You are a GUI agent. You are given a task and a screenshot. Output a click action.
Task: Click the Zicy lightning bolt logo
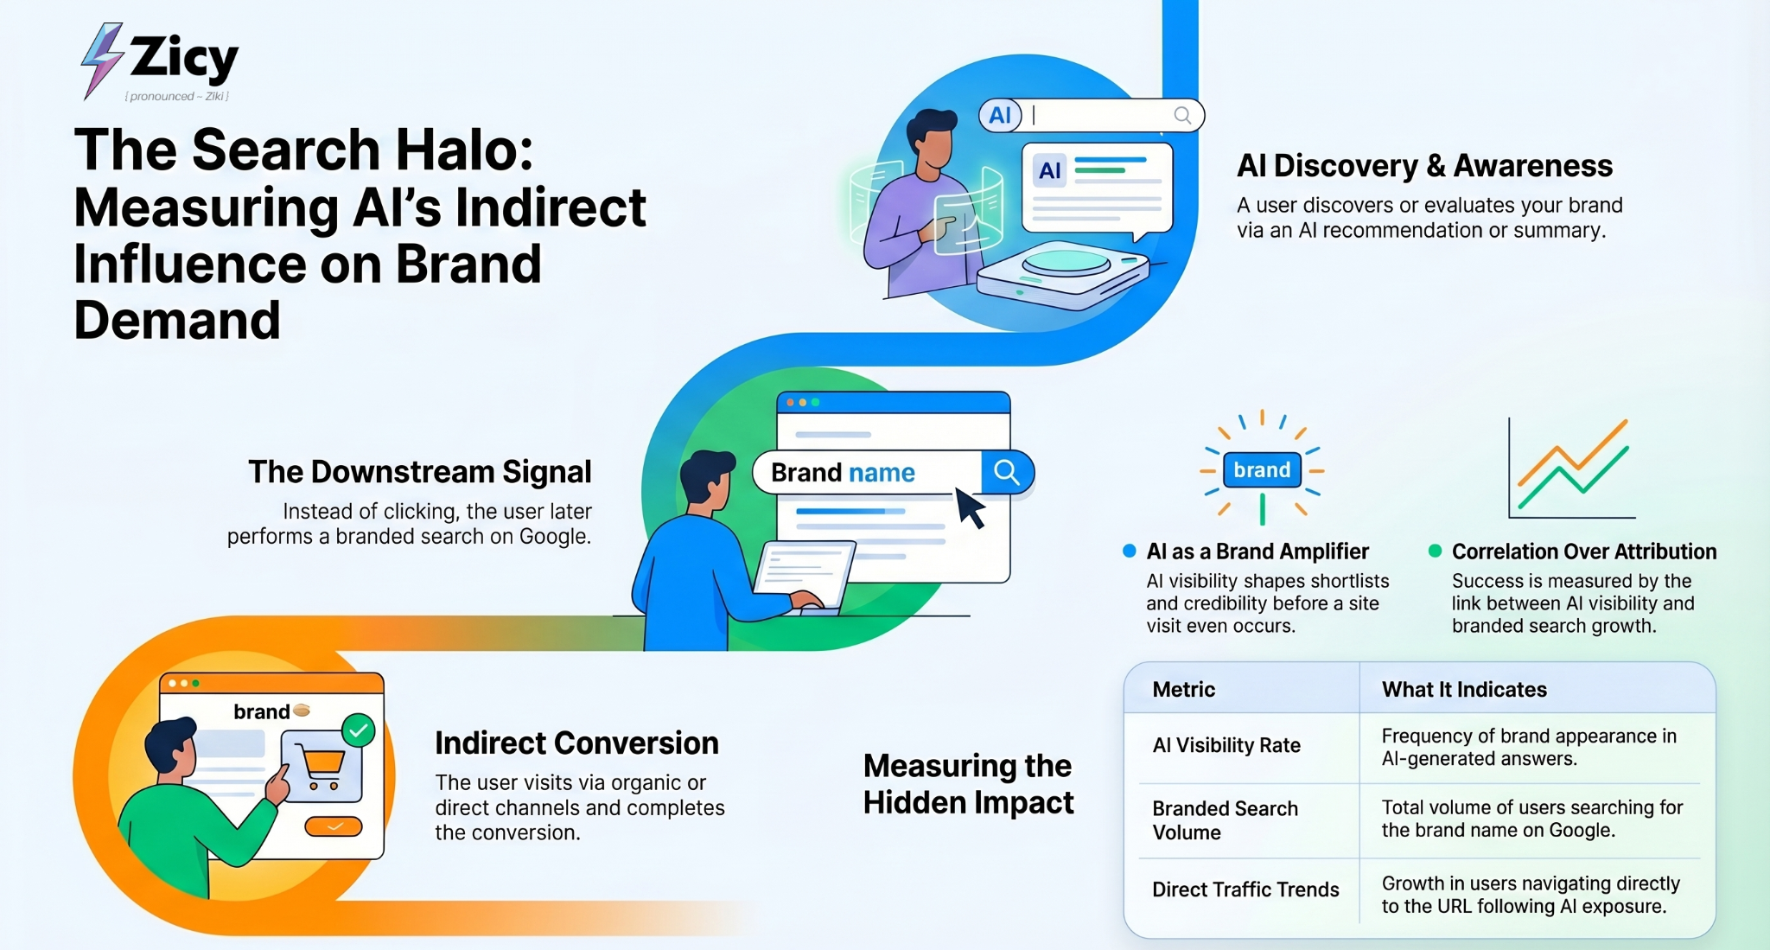(101, 61)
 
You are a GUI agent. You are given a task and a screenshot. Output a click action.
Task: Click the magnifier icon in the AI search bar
(1182, 115)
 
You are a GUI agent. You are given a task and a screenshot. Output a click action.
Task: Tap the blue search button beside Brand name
(1007, 472)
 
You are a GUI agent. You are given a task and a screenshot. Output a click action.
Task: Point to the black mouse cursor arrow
(970, 507)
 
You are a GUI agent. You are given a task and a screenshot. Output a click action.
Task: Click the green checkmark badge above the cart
(358, 730)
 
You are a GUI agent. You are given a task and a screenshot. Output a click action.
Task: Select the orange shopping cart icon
(322, 768)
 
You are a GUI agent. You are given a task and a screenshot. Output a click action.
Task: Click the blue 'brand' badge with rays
(1262, 469)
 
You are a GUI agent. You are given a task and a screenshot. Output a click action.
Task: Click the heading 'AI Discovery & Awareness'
(1424, 165)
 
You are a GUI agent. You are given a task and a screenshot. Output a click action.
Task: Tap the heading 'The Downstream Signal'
(420, 472)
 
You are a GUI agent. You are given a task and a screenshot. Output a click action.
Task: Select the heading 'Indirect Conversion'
(576, 743)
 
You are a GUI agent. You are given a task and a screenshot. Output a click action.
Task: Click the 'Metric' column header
(1183, 689)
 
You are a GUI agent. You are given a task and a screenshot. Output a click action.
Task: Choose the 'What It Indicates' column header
(1464, 689)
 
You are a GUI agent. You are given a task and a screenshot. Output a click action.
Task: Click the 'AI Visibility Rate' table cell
(1226, 745)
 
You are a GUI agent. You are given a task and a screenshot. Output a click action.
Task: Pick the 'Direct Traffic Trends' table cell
(1245, 889)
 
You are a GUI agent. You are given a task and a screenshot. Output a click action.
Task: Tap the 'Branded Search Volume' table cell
(1225, 820)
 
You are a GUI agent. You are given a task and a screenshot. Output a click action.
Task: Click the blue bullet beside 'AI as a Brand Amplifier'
(1129, 551)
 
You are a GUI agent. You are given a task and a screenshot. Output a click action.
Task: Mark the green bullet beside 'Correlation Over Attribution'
(1435, 551)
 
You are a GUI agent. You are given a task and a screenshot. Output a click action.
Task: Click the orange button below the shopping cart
(334, 826)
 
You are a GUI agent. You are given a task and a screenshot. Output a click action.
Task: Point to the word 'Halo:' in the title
(464, 150)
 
